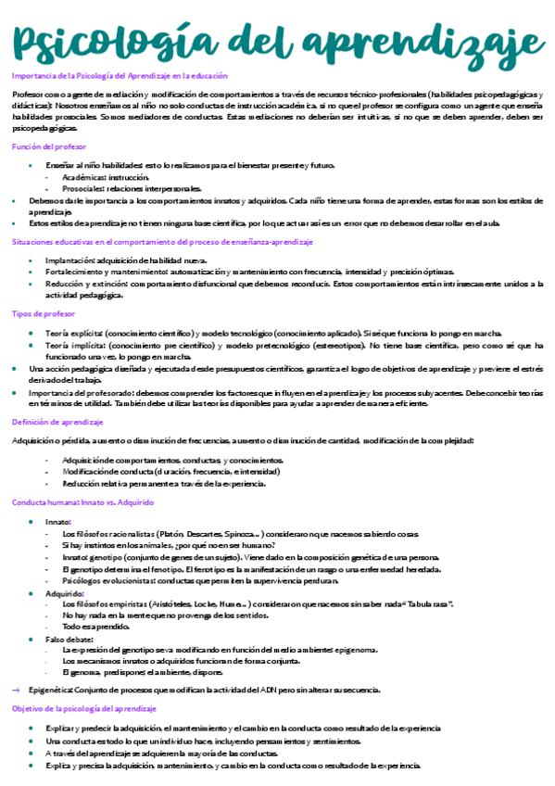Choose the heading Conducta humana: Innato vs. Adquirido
[82, 501]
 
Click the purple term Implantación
[71, 260]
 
